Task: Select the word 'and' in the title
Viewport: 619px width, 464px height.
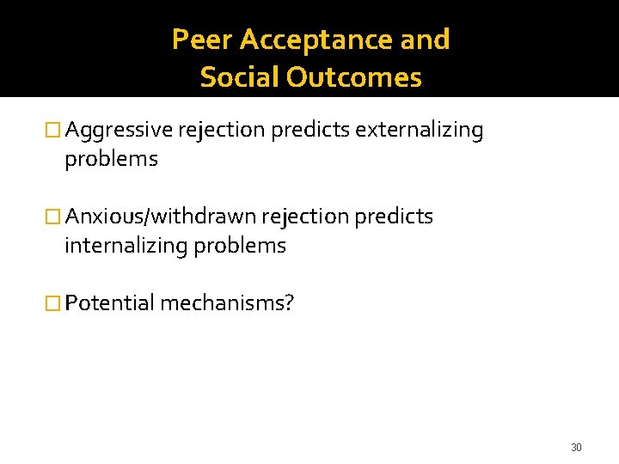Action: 428,40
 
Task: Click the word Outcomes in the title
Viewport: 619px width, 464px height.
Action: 354,77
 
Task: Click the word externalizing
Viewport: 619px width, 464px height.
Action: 420,131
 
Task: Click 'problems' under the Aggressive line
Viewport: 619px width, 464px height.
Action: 111,160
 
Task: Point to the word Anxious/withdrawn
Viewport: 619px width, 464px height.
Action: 160,217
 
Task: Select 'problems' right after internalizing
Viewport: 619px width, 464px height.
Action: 240,246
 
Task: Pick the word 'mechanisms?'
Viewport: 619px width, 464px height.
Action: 227,302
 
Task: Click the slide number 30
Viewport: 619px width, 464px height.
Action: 576,448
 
